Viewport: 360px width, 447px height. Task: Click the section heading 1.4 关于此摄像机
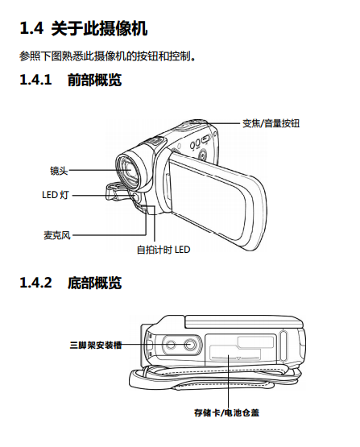coord(84,28)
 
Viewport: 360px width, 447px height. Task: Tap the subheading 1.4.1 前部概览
coord(70,80)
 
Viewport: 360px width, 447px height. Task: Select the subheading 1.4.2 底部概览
coord(70,283)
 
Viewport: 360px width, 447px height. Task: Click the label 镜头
coord(59,171)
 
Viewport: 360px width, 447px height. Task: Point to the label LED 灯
coord(56,195)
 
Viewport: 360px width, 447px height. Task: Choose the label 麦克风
coord(56,235)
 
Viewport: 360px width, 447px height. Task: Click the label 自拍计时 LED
coord(163,250)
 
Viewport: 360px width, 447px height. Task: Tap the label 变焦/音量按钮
coord(271,123)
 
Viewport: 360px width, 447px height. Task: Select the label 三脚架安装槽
coord(96,345)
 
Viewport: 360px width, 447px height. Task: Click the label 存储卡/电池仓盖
coord(226,412)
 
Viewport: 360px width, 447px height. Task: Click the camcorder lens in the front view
coord(129,171)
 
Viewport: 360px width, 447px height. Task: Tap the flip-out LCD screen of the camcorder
coord(216,200)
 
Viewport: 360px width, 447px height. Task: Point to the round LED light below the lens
coord(135,197)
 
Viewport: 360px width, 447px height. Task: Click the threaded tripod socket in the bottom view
coord(189,345)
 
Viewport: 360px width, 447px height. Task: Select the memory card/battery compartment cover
coord(241,350)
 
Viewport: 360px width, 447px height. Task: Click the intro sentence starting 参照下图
coord(107,56)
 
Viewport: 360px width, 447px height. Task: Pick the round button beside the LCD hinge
coord(203,155)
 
